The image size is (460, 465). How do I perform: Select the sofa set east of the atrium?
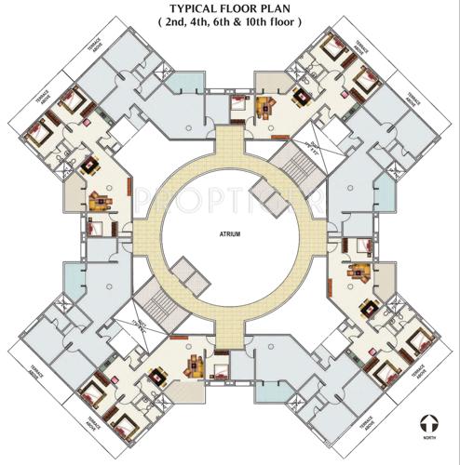359,272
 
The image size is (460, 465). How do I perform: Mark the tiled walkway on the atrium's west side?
143,232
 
